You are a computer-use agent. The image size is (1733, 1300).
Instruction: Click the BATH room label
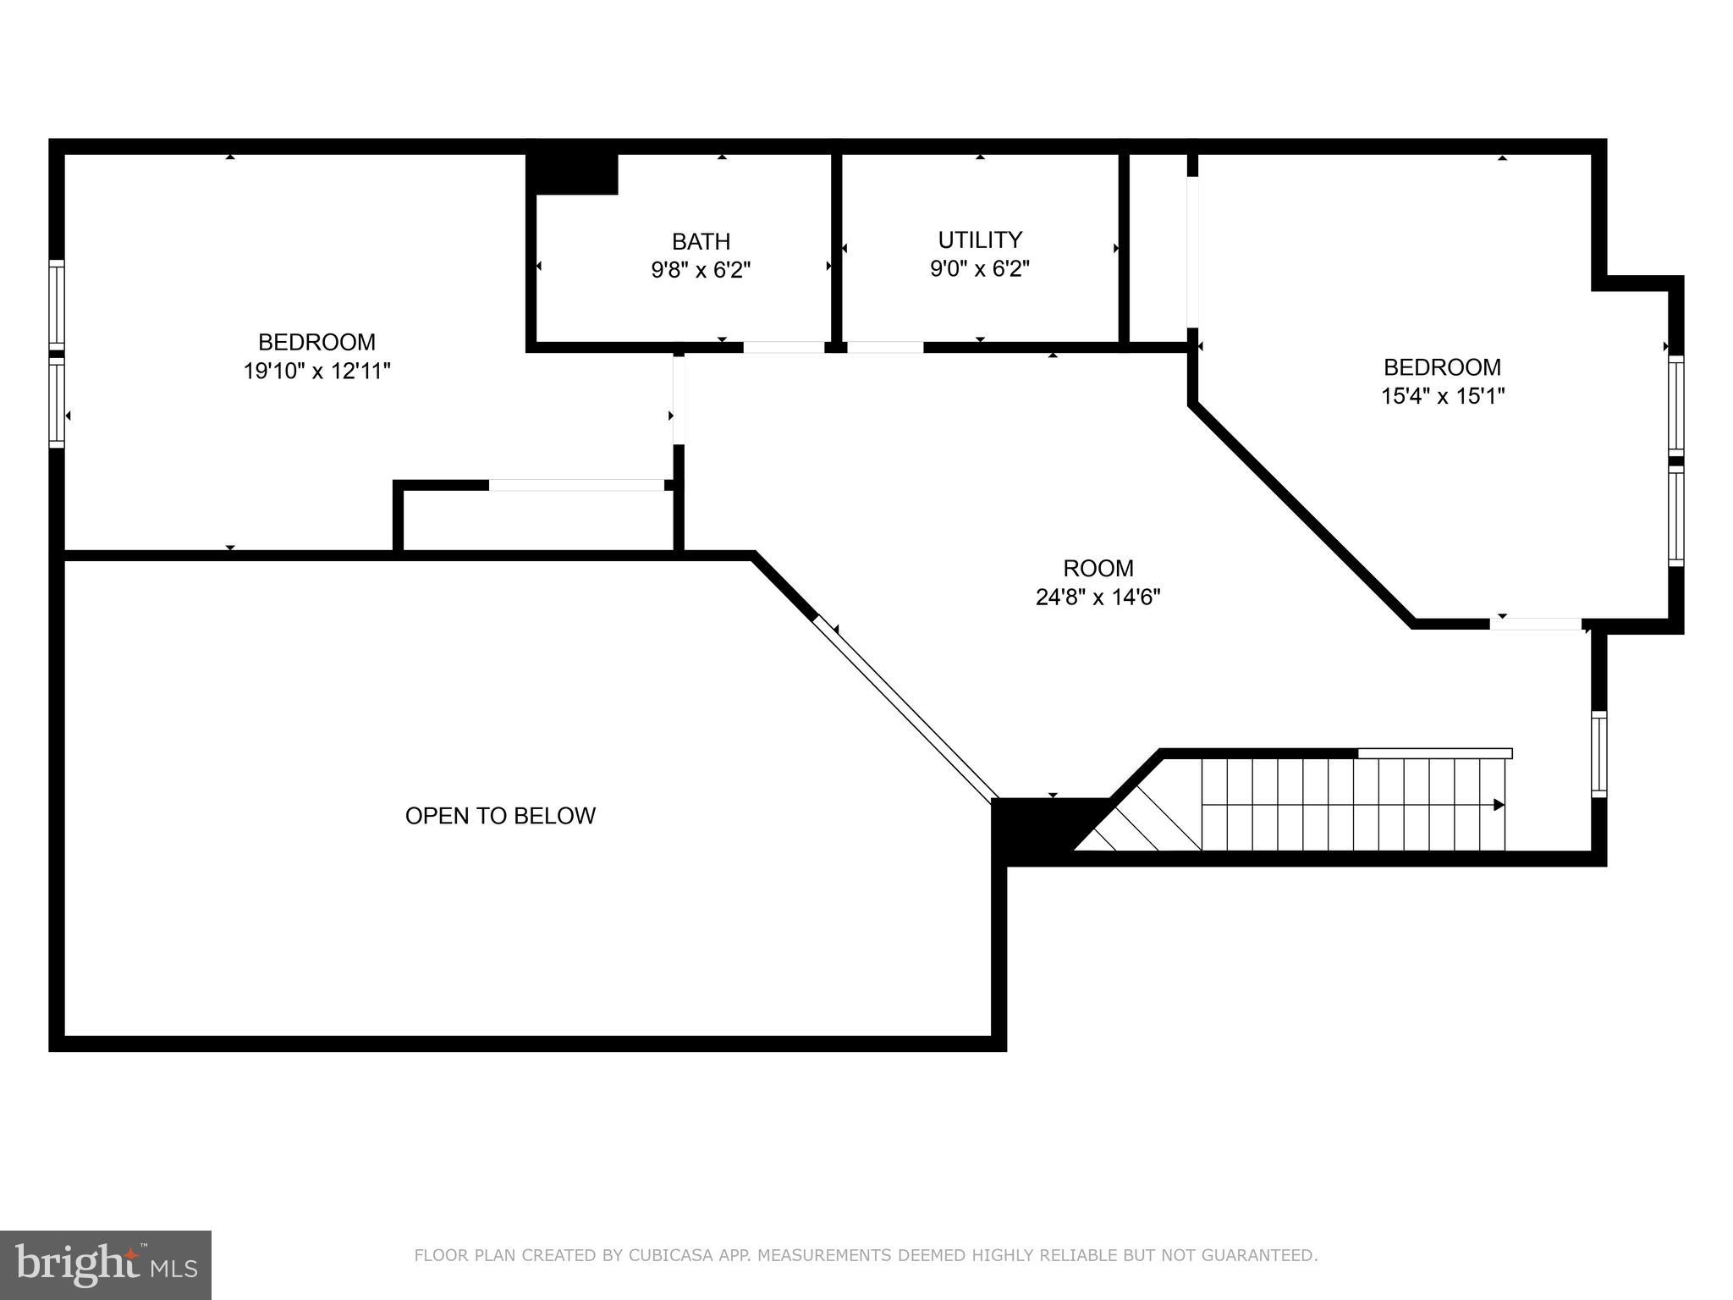coord(701,242)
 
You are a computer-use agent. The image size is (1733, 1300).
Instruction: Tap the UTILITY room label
coord(980,240)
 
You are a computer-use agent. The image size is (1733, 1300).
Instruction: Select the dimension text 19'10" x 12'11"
coord(316,371)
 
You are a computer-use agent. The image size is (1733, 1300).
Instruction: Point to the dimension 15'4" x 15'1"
coord(1443,396)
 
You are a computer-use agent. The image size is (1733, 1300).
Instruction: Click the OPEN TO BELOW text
coord(500,816)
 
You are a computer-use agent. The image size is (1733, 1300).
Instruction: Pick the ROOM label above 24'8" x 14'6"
coord(1098,568)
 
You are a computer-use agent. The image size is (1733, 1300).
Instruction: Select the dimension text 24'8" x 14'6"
coord(1098,598)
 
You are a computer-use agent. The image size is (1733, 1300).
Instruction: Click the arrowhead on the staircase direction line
coord(1498,805)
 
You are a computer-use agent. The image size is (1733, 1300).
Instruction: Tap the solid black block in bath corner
coord(573,174)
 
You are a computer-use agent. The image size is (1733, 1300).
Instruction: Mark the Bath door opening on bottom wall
coord(784,347)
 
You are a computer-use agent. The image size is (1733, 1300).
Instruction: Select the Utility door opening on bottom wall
coord(884,347)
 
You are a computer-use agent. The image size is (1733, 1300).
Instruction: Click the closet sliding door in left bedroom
coord(576,485)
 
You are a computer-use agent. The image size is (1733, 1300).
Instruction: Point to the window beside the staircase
coord(1598,754)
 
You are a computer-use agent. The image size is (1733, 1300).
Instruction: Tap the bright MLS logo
coord(105,1264)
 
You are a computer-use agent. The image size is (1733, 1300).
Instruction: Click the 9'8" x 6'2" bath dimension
coord(701,271)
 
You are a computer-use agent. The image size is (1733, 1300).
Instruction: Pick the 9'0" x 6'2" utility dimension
coord(980,269)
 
